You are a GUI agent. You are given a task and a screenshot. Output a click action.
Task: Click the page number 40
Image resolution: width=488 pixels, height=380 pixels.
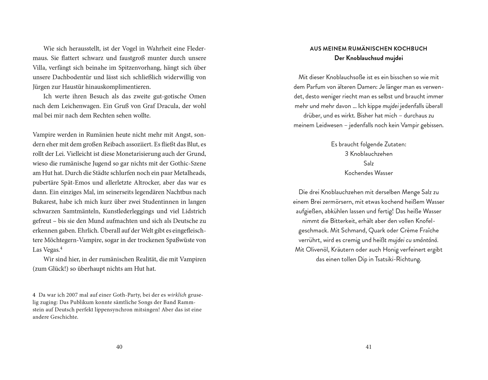coord(119,347)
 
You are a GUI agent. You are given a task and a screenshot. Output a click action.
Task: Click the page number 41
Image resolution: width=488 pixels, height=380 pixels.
coord(368,347)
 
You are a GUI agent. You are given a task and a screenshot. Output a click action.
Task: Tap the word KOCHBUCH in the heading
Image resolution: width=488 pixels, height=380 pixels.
coord(411,49)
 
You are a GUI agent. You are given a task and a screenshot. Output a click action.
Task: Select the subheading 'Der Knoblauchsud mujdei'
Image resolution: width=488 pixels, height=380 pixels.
coord(369,58)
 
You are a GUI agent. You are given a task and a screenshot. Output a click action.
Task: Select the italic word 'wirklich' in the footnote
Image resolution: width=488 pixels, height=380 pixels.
coord(177,295)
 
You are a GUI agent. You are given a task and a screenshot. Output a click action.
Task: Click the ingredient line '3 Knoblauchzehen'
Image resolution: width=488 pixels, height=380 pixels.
coord(369,154)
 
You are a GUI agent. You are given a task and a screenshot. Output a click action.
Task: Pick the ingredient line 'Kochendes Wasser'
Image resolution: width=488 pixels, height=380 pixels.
coord(369,173)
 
